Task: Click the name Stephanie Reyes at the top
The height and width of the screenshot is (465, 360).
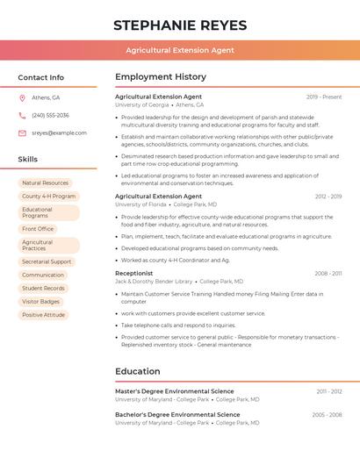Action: [180, 25]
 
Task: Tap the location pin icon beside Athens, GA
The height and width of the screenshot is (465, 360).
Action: [22, 97]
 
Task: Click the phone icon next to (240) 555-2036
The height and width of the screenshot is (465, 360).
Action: [22, 115]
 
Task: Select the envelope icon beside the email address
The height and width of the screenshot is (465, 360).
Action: [22, 132]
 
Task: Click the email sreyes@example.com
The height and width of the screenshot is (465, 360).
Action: [59, 132]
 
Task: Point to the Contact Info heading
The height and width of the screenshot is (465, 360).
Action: [40, 77]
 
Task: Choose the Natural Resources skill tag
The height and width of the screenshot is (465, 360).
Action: [45, 183]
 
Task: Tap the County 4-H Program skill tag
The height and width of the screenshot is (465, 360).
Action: [48, 197]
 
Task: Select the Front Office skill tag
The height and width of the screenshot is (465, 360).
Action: [38, 229]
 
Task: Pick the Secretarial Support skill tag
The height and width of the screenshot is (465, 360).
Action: [47, 261]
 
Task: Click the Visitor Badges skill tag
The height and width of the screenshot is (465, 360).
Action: [41, 301]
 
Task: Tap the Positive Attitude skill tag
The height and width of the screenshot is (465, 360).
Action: [43, 315]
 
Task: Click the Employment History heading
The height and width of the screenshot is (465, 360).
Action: [161, 77]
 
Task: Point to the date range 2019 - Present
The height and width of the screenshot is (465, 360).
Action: [324, 97]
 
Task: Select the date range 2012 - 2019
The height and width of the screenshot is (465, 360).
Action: [328, 197]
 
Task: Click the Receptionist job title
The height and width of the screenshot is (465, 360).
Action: [133, 273]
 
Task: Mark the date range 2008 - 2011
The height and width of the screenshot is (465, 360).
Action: [328, 273]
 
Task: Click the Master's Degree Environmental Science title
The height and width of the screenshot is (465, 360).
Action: [174, 391]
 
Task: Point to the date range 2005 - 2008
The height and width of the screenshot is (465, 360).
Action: [327, 414]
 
